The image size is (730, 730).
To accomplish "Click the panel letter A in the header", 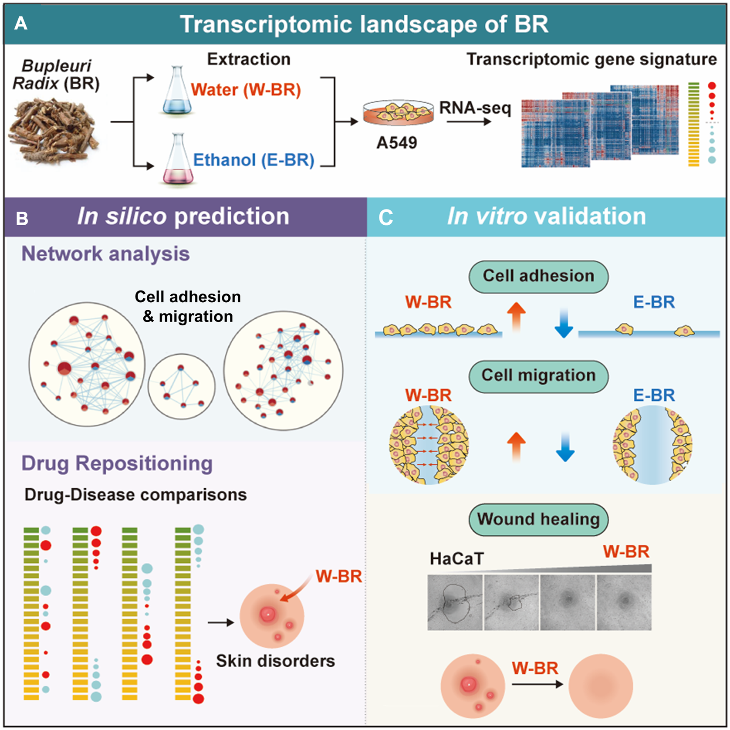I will (20, 24).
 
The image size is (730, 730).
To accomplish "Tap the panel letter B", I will (22, 218).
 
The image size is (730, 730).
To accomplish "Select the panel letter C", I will (385, 218).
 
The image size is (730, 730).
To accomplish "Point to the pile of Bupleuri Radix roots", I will (54, 131).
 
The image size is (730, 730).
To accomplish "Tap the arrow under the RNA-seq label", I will (469, 122).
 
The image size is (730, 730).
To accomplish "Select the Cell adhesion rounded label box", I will (538, 276).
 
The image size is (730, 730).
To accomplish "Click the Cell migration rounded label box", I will (538, 375).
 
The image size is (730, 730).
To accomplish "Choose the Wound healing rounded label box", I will (538, 519).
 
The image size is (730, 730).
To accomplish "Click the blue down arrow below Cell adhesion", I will (564, 322).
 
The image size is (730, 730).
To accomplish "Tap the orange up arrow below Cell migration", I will (516, 446).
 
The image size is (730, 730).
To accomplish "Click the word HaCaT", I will (456, 558).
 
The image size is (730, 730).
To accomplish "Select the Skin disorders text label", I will (275, 661).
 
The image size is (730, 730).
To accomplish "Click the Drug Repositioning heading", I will (117, 463).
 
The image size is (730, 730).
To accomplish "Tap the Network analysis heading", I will (105, 253).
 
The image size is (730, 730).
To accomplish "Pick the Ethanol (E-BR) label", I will (253, 160).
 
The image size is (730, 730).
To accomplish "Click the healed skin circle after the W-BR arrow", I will (600, 686).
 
